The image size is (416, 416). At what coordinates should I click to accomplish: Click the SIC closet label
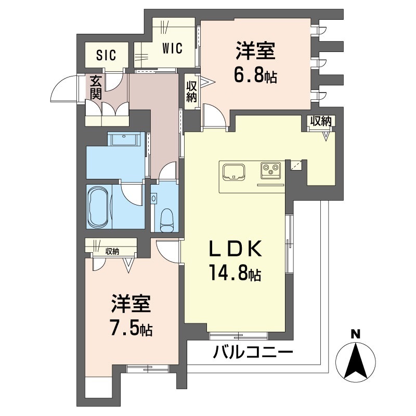(x=106, y=55)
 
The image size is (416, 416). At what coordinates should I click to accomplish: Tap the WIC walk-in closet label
(x=172, y=49)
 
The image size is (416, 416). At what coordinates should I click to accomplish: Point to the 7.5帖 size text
(x=131, y=329)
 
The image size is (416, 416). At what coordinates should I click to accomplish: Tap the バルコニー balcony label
(x=253, y=353)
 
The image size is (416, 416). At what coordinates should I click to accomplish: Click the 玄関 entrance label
(x=95, y=87)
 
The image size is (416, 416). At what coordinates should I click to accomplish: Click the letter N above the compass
(x=356, y=334)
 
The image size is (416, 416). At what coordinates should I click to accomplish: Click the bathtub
(x=99, y=207)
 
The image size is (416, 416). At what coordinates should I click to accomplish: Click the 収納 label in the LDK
(x=320, y=121)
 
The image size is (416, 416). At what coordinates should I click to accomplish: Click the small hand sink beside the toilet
(x=154, y=198)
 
